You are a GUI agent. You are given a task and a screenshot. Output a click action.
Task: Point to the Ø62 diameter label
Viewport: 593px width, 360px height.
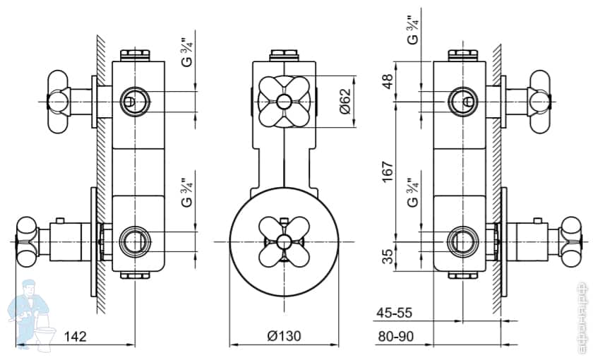point(344,102)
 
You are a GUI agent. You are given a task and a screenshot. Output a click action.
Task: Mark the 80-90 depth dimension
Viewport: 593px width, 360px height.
point(395,337)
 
